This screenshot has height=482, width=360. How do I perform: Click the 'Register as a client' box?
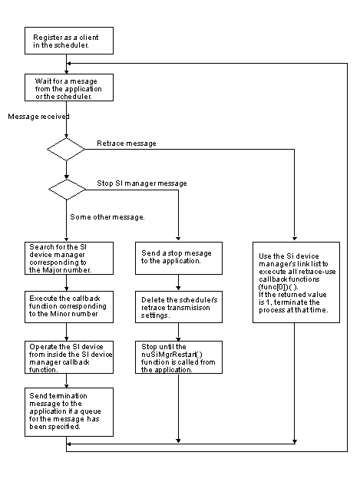(68, 41)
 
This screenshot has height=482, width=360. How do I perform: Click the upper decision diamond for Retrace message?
(67, 149)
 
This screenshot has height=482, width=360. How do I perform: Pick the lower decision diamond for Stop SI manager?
(67, 190)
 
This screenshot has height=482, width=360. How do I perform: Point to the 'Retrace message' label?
(126, 144)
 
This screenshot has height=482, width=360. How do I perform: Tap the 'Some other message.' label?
(107, 216)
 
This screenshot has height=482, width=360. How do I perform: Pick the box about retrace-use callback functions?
(295, 281)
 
